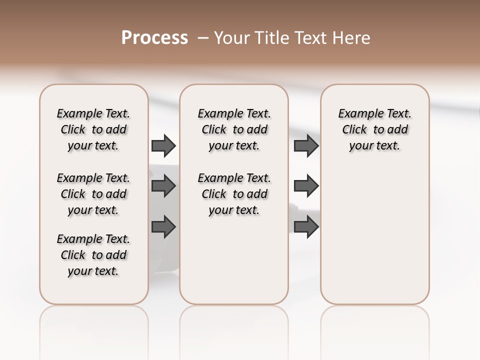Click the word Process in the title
click(x=154, y=38)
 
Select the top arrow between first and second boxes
click(x=163, y=145)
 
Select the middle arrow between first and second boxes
click(x=163, y=186)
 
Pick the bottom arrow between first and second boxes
click(x=163, y=226)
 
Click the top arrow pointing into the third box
click(x=306, y=145)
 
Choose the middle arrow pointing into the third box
click(x=306, y=186)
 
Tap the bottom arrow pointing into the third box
click(x=306, y=226)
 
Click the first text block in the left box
click(x=93, y=129)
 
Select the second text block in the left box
click(x=93, y=194)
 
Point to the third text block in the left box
click(x=93, y=255)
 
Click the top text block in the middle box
click(x=234, y=129)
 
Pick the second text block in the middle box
click(x=234, y=194)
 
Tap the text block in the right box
click(x=375, y=129)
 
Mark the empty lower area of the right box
click(x=375, y=235)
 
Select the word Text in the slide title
click(x=311, y=38)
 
